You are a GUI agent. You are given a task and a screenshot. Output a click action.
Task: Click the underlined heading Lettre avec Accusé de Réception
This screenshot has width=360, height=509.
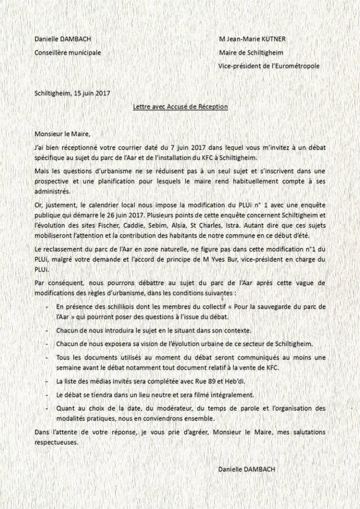181,106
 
